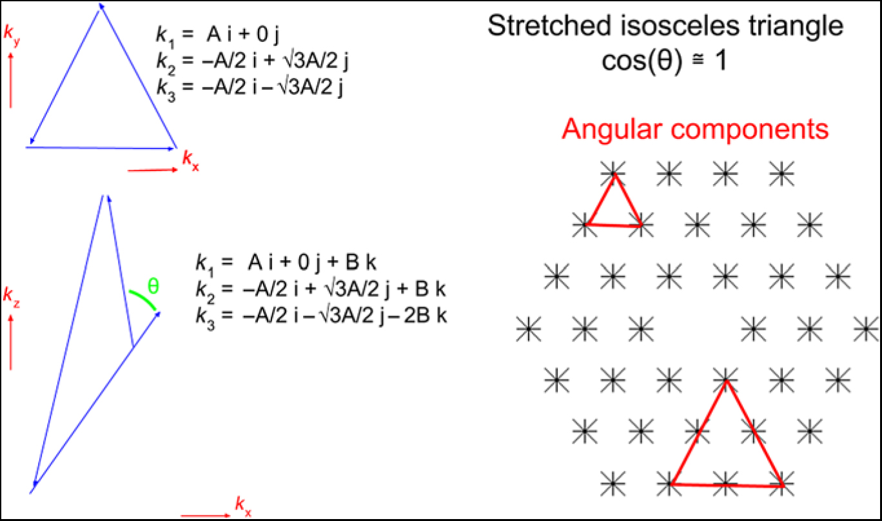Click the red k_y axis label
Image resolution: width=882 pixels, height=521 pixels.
(x=11, y=38)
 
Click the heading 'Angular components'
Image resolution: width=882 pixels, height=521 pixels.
(x=695, y=129)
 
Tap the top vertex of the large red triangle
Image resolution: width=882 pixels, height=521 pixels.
(x=727, y=381)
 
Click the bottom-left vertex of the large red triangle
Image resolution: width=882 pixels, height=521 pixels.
(x=671, y=483)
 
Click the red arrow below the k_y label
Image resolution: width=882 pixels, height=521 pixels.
(x=11, y=81)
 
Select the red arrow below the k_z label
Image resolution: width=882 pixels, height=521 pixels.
(x=11, y=342)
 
